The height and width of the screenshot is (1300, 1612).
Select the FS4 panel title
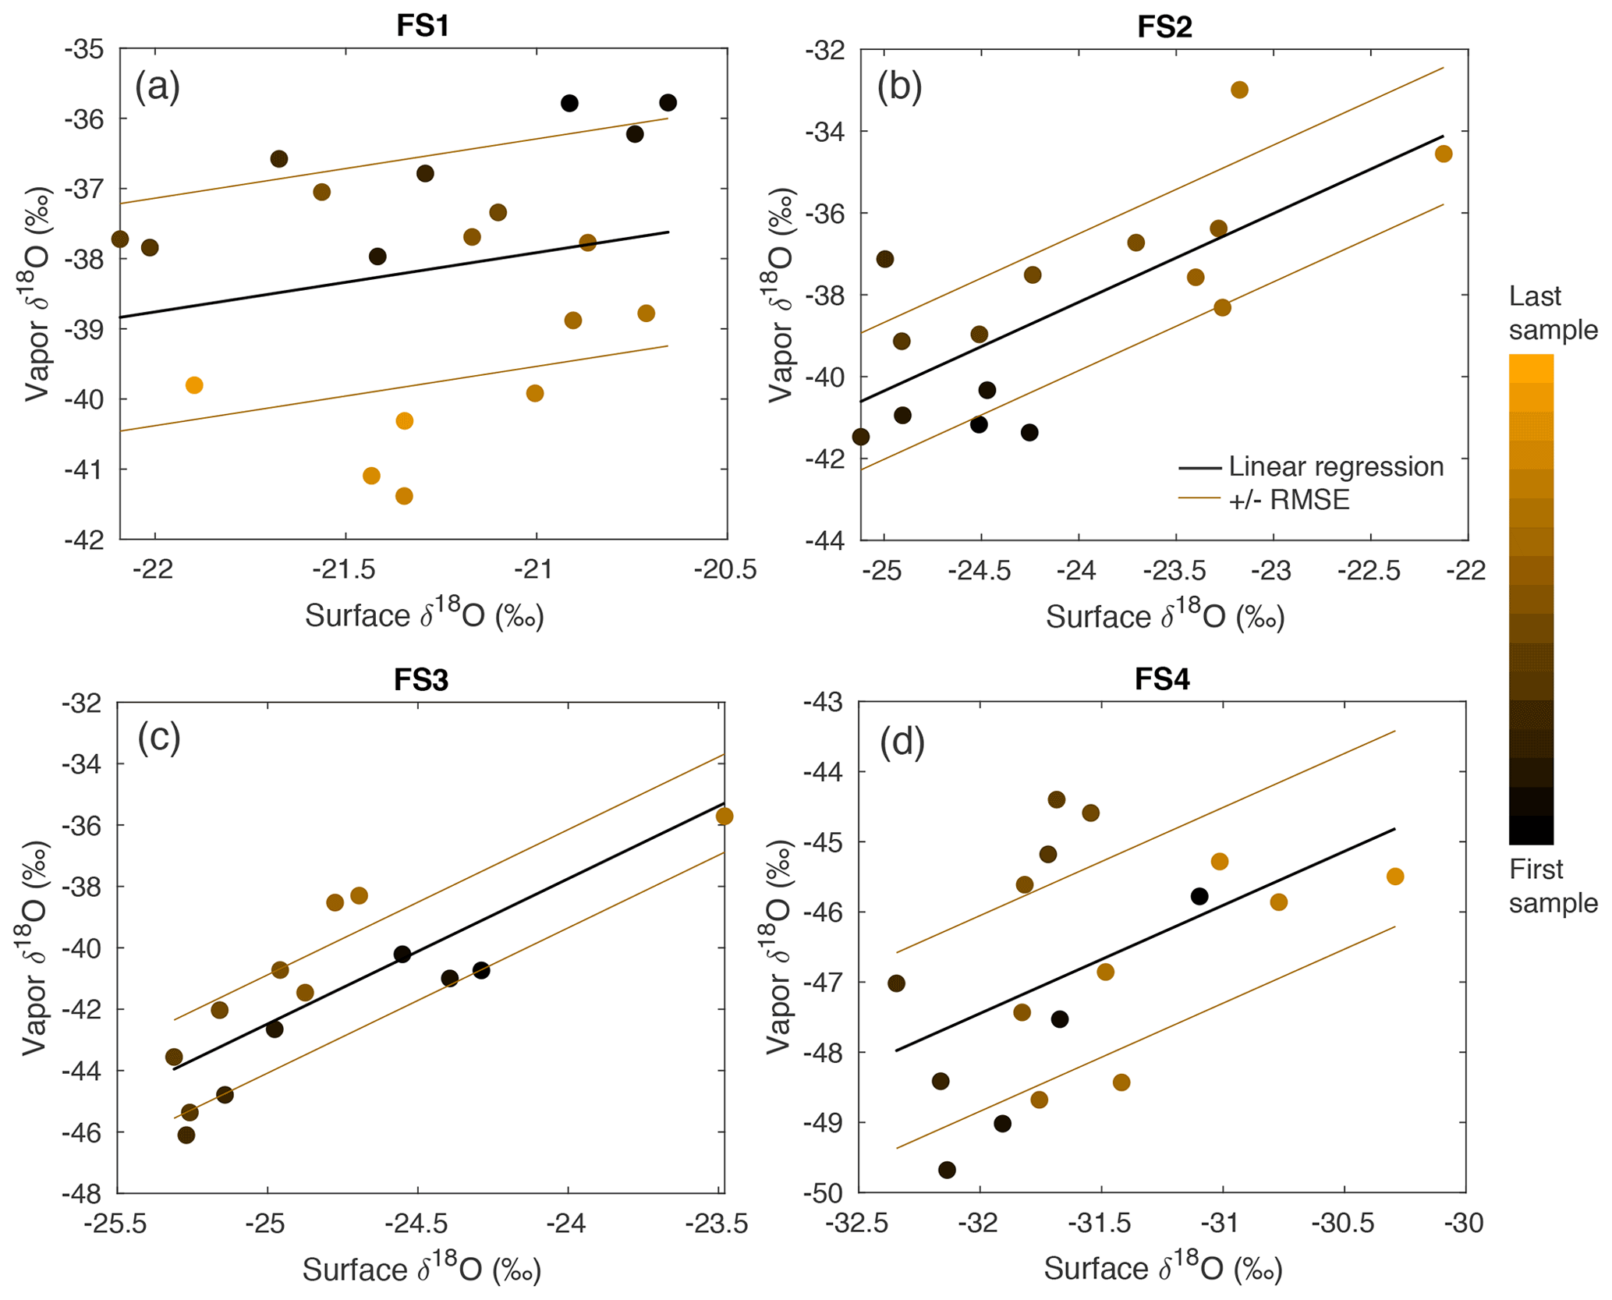[1162, 679]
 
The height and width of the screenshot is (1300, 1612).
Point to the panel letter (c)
[159, 736]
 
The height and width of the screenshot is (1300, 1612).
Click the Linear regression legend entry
[1335, 466]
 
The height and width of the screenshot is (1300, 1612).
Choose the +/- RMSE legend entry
[1288, 500]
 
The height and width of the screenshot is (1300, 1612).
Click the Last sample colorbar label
[1552, 313]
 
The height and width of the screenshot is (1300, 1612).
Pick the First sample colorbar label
[1552, 886]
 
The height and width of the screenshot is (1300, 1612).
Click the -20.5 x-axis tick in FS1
[727, 570]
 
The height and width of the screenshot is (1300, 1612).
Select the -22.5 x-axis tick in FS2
[1370, 571]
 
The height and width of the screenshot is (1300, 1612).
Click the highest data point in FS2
[1239, 90]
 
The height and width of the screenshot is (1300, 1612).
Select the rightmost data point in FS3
[725, 816]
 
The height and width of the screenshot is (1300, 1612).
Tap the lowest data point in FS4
[947, 1170]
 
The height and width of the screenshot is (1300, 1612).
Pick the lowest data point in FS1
[404, 496]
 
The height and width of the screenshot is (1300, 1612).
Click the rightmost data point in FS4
[1395, 877]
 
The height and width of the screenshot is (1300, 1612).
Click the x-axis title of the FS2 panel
[1164, 617]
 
